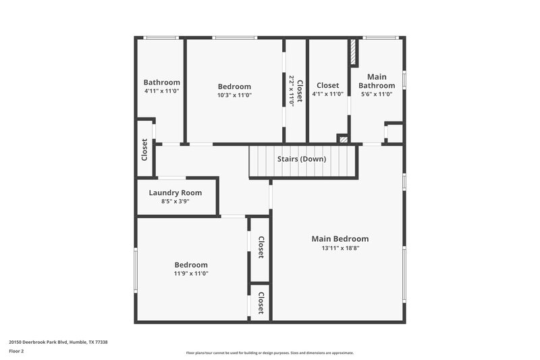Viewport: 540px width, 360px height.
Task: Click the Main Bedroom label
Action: pyautogui.click(x=340, y=238)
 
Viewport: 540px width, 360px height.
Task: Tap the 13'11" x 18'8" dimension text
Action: pyautogui.click(x=340, y=248)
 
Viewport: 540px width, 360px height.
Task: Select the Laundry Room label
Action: pyautogui.click(x=175, y=192)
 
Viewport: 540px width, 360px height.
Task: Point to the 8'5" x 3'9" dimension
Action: pyautogui.click(x=175, y=201)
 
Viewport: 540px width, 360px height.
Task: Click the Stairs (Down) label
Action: pyautogui.click(x=302, y=159)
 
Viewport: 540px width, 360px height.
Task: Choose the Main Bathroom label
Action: pyautogui.click(x=377, y=81)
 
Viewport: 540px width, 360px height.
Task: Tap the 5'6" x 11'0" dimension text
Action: pyautogui.click(x=377, y=95)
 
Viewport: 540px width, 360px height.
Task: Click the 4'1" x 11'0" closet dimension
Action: pyautogui.click(x=327, y=95)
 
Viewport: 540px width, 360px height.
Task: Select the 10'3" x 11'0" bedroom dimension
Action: pyautogui.click(x=234, y=95)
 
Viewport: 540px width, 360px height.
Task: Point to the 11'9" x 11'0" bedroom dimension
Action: pyautogui.click(x=191, y=274)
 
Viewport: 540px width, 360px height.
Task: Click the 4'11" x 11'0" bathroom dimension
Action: pyautogui.click(x=161, y=91)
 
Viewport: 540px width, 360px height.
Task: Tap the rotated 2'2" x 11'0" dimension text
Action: pyautogui.click(x=292, y=91)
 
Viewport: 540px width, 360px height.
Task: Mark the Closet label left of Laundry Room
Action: pyautogui.click(x=144, y=149)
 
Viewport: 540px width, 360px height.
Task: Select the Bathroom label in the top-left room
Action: pyautogui.click(x=161, y=82)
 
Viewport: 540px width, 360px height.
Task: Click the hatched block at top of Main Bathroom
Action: pyautogui.click(x=352, y=53)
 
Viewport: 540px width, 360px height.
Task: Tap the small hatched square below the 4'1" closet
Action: pyautogui.click(x=344, y=139)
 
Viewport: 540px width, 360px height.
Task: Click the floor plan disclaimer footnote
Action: pyautogui.click(x=270, y=353)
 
